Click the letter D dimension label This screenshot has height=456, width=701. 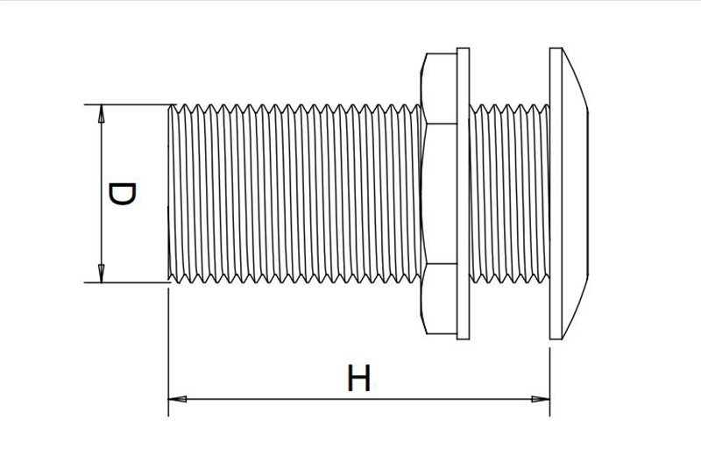point(122,194)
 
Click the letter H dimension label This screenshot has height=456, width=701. point(359,378)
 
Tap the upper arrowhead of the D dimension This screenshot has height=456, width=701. point(102,113)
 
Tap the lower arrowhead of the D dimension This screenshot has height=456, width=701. point(102,274)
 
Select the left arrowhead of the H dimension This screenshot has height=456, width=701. point(178,399)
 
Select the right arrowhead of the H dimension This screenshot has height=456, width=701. point(541,399)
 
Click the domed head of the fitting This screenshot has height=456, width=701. point(575,193)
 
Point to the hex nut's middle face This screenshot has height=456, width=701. point(442,193)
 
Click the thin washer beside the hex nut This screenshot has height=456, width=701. point(464,193)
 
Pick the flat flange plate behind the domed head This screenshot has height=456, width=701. point(556,193)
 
